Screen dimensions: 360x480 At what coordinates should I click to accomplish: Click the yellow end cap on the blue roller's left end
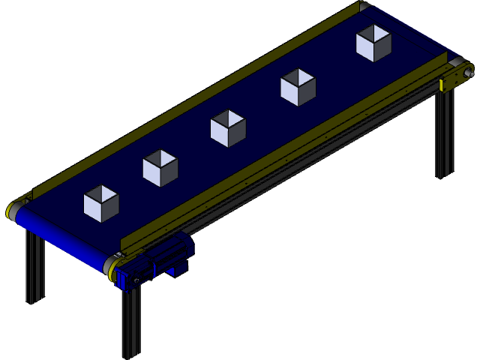(13, 211)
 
